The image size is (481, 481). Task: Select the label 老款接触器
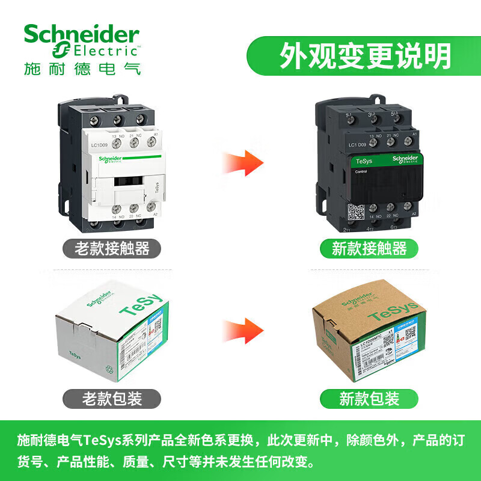click(x=112, y=248)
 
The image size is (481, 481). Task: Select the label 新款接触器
click(x=369, y=248)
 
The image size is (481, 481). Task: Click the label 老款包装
click(x=112, y=397)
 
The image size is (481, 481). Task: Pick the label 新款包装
click(x=369, y=397)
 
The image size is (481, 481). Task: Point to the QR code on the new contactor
click(x=356, y=212)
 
